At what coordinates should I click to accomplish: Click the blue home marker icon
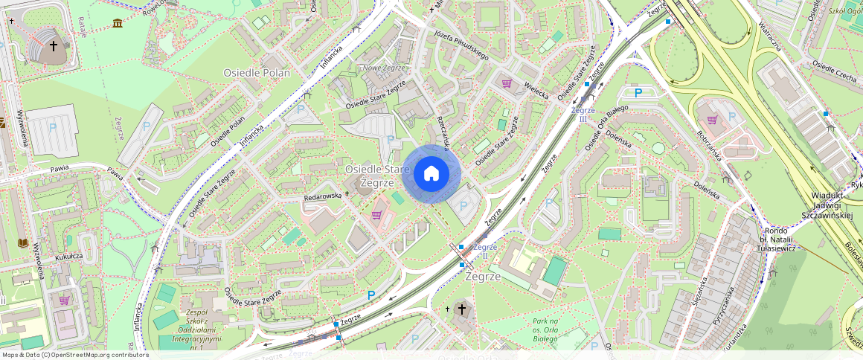pyautogui.click(x=431, y=173)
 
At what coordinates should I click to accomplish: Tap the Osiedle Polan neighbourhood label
pyautogui.click(x=257, y=72)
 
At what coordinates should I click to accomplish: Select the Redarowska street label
pyautogui.click(x=322, y=196)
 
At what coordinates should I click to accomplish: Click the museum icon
pyautogui.click(x=118, y=25)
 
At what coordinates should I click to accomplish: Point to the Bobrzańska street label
pyautogui.click(x=710, y=149)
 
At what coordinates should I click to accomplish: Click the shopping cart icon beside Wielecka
pyautogui.click(x=507, y=83)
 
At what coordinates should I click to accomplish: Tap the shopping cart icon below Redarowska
pyautogui.click(x=376, y=215)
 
